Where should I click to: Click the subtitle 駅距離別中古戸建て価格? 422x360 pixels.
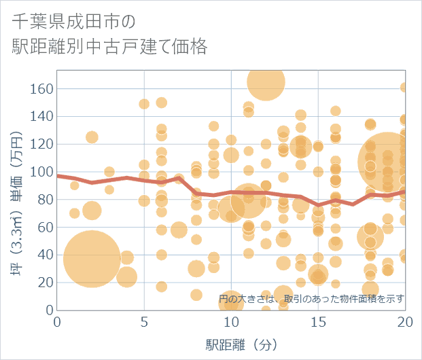point(109,47)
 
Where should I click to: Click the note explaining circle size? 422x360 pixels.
point(312,298)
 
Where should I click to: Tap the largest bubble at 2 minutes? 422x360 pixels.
point(92,259)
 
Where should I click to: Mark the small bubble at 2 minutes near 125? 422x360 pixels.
point(92,137)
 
